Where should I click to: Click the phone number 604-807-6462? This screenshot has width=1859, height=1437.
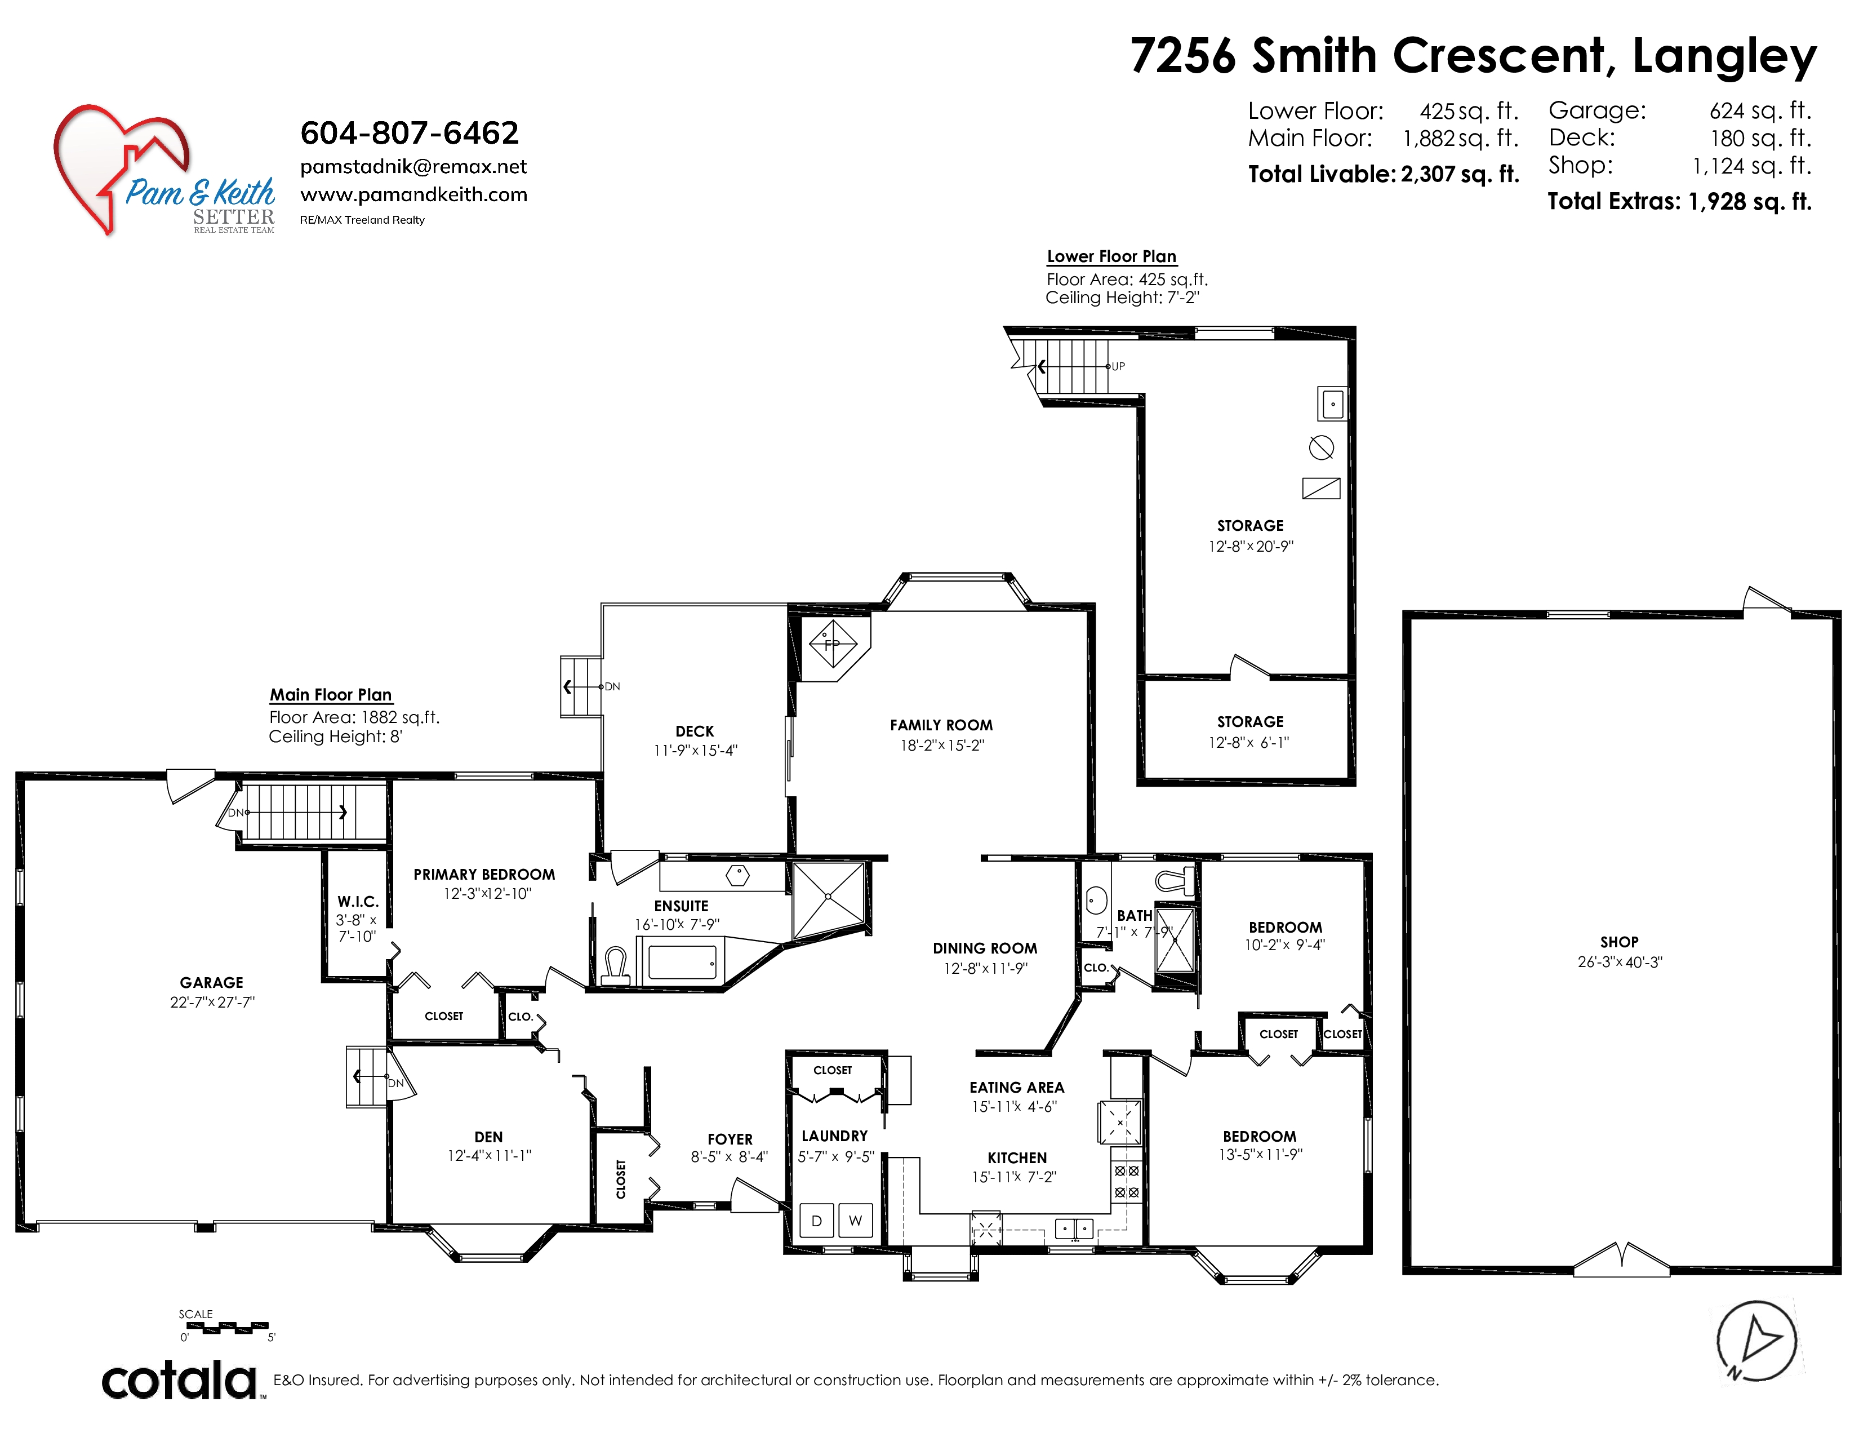click(x=410, y=133)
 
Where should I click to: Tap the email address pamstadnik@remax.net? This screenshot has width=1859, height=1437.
click(x=413, y=167)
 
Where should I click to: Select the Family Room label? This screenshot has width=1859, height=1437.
click(x=941, y=725)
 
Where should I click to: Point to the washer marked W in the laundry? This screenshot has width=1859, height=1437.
click(x=856, y=1220)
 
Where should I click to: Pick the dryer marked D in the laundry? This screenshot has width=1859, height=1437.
click(x=816, y=1220)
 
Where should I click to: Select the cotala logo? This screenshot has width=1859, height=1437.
click(x=180, y=1381)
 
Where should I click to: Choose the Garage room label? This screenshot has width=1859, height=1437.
click(x=211, y=982)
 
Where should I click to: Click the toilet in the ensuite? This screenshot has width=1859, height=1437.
click(x=615, y=967)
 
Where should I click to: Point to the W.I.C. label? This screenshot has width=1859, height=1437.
click(x=358, y=902)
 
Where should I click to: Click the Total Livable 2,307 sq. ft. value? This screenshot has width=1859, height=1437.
click(x=1460, y=175)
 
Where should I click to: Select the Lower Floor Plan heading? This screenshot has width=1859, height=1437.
click(x=1111, y=256)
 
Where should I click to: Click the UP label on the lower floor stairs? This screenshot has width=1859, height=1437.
click(x=1118, y=366)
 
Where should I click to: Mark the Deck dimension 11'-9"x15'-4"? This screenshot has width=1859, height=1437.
click(x=695, y=751)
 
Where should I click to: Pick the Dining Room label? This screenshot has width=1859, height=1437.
click(x=985, y=948)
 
